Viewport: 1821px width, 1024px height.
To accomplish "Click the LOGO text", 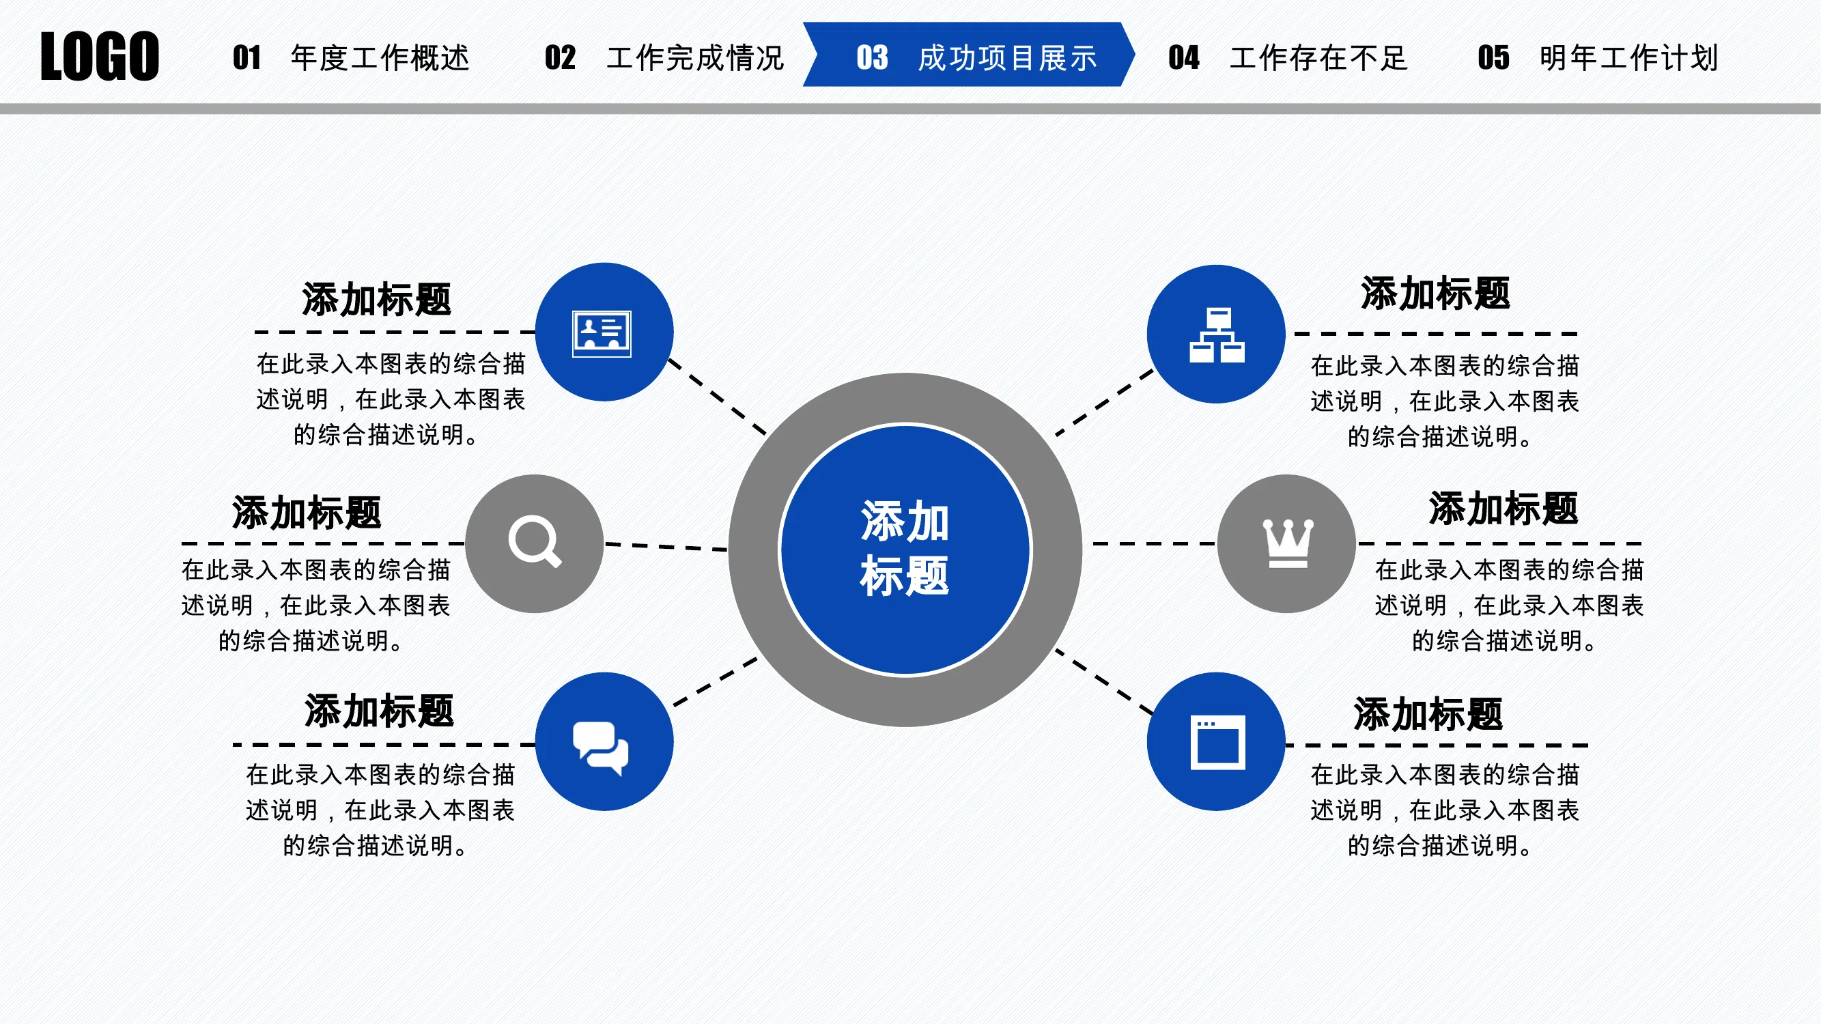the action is click(100, 57).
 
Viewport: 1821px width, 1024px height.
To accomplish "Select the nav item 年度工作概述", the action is click(380, 58).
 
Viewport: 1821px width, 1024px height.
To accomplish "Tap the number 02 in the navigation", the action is click(560, 58).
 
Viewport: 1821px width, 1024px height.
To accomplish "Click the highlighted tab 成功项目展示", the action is click(1006, 58).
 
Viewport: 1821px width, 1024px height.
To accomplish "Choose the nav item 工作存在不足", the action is click(1318, 58).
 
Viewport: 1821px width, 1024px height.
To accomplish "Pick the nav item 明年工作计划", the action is click(1628, 58).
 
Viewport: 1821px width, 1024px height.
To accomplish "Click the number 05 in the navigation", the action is click(1493, 58).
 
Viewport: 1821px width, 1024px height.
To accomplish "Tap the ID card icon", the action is click(602, 334).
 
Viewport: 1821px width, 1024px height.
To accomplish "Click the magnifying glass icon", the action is click(535, 542).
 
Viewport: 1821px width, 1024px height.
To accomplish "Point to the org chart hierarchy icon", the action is click(1217, 335).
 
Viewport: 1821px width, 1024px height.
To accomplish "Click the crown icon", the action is click(1288, 543).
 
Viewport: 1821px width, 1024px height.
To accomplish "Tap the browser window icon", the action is click(1217, 743).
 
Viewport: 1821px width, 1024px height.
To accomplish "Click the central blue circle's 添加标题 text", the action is click(905, 548).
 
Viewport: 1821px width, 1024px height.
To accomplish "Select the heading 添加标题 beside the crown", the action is click(1504, 509).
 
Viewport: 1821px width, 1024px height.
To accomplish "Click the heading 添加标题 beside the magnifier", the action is click(307, 513).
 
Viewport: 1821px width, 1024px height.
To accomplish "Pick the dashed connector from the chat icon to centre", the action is click(716, 682).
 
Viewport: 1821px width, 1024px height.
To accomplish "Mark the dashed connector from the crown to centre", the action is click(1155, 543).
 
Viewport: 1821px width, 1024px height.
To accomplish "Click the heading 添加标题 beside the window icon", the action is click(1428, 714).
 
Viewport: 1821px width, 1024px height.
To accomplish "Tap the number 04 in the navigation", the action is click(1183, 58).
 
